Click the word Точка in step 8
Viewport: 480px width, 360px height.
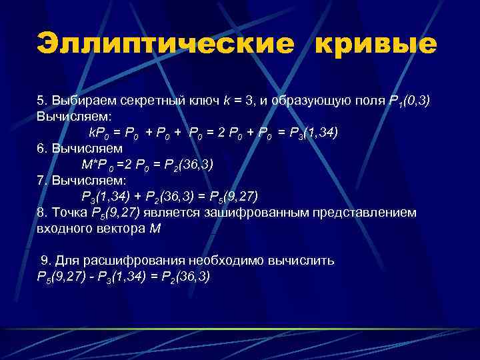point(69,213)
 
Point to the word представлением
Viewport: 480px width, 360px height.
point(362,213)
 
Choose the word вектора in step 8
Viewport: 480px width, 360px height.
point(123,229)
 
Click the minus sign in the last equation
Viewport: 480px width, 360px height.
point(89,277)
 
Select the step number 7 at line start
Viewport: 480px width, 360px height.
point(41,181)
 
